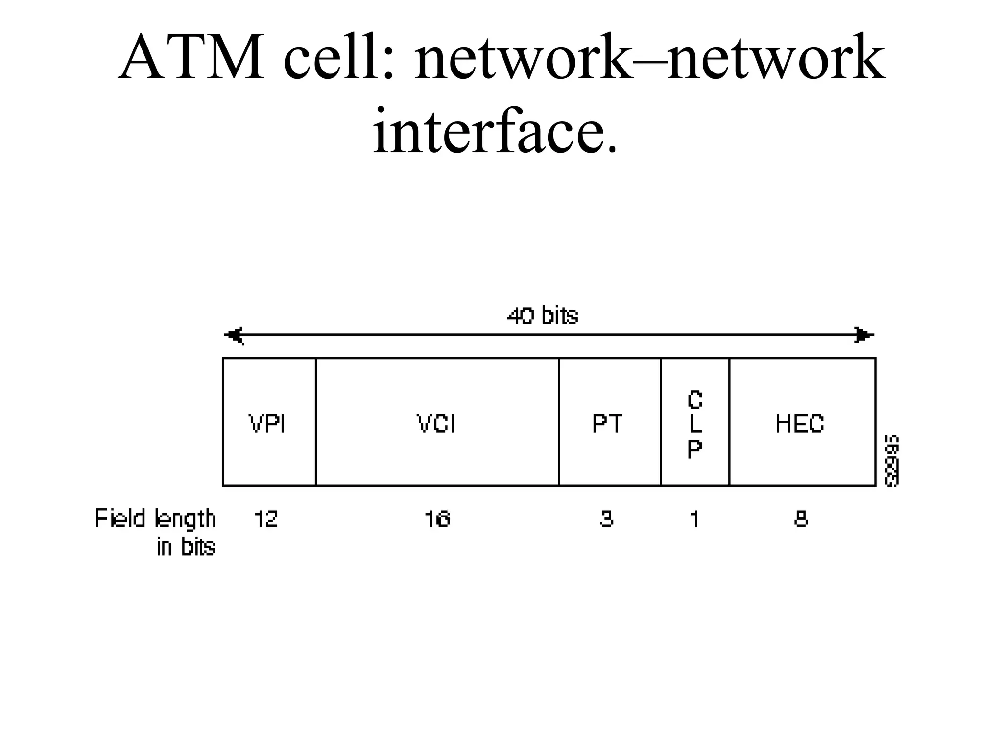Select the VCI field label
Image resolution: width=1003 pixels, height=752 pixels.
(x=436, y=423)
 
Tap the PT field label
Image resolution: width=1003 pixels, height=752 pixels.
(x=607, y=423)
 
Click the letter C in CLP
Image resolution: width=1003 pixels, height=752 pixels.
(x=694, y=400)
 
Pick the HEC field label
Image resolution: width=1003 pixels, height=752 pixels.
(x=800, y=423)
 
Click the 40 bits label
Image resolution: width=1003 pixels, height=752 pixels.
(x=542, y=316)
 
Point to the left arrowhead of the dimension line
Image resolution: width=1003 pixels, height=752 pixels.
(x=234, y=335)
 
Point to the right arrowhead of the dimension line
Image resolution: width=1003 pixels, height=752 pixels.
(x=863, y=335)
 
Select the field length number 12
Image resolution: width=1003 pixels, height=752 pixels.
(x=266, y=519)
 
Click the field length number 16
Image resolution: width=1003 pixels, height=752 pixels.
(x=437, y=519)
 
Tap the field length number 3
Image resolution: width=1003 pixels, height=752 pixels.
(x=606, y=519)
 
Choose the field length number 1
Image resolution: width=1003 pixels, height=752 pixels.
(x=694, y=519)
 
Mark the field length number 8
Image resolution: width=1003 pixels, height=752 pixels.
(x=801, y=519)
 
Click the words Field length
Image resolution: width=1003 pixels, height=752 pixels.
(x=155, y=519)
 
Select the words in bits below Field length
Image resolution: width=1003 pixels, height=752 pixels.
(x=186, y=547)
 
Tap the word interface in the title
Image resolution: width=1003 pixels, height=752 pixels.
(x=494, y=131)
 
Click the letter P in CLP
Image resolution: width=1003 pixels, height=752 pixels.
(x=694, y=448)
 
